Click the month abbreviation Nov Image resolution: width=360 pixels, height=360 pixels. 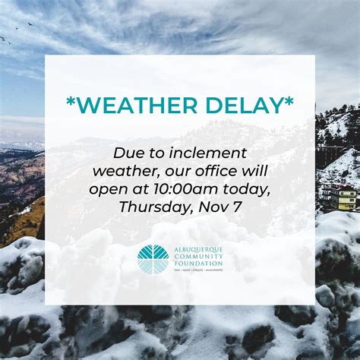tap(210, 206)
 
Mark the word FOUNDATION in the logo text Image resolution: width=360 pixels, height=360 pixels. tap(197, 264)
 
